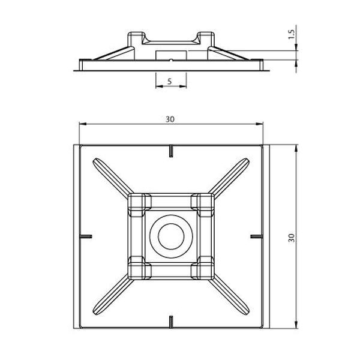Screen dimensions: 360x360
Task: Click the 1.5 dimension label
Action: [291, 35]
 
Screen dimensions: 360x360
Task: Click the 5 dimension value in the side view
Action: [170, 82]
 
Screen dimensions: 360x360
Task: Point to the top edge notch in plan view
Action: [171, 151]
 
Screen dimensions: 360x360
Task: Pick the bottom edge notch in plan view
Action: [171, 322]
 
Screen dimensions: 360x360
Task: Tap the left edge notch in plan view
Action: [86, 236]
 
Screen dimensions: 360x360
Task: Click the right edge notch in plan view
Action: [256, 236]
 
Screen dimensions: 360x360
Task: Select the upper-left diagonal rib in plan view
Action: [113, 178]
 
